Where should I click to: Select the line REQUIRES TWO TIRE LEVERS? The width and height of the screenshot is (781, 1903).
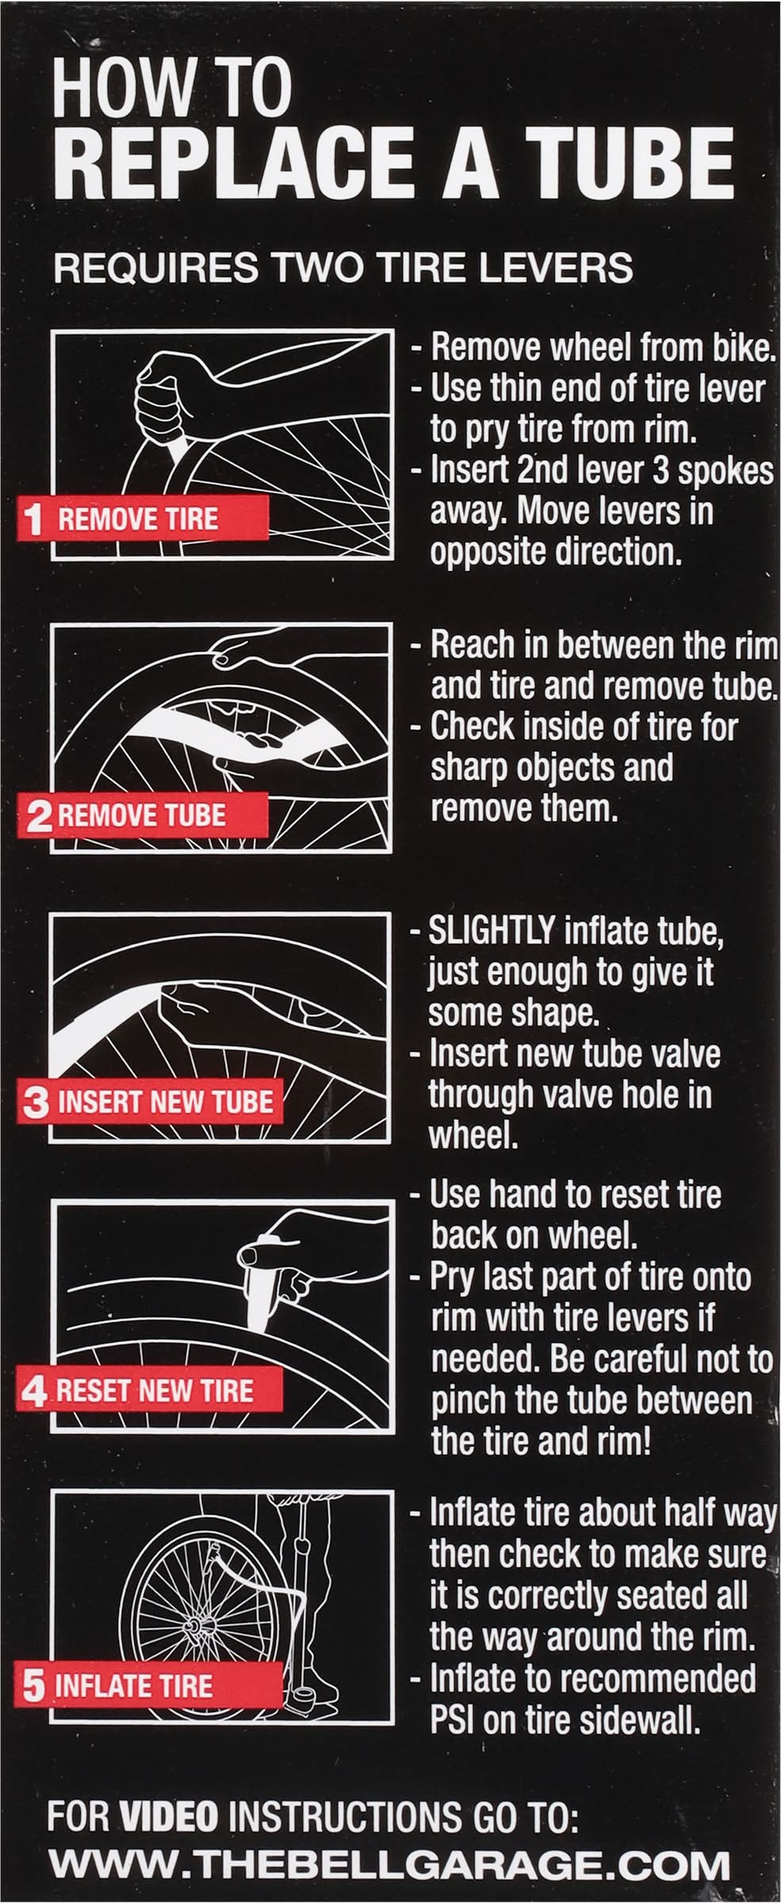click(x=343, y=269)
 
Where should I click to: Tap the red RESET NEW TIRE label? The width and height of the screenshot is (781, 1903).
click(x=143, y=1391)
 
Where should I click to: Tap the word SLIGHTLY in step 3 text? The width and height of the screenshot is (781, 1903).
click(x=492, y=932)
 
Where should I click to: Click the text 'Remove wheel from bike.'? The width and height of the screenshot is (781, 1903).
click(x=603, y=348)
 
